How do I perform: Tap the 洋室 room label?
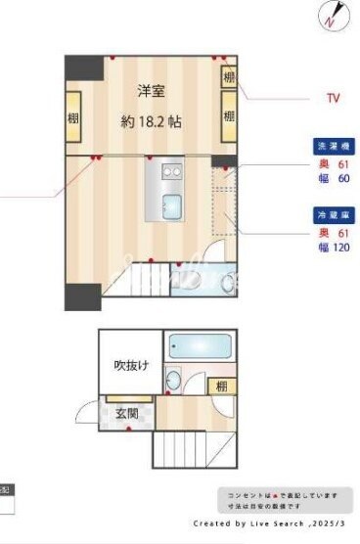(x=149, y=91)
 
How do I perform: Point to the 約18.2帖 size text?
(x=151, y=122)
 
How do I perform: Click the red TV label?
(x=332, y=98)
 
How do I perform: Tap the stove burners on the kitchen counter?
(x=171, y=172)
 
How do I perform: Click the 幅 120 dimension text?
(x=329, y=249)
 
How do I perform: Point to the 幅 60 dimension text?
(x=329, y=178)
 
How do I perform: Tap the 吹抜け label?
(x=131, y=366)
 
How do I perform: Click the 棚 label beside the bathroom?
(x=222, y=386)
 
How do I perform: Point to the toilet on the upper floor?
(x=229, y=283)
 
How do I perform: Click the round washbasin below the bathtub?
(x=174, y=380)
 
